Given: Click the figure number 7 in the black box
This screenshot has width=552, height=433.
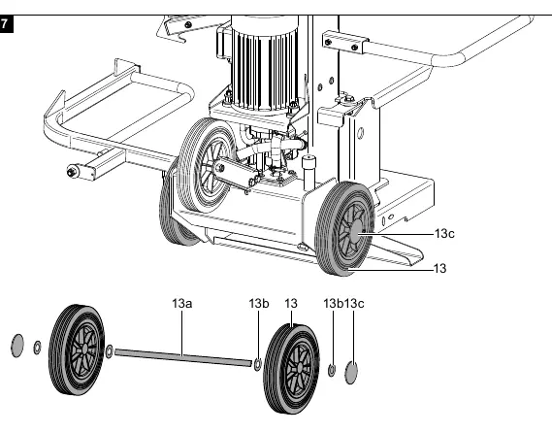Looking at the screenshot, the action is [x=4, y=24].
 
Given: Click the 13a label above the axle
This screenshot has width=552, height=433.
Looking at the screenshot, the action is [x=182, y=303].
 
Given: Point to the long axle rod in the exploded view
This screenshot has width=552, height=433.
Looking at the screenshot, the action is [x=183, y=357].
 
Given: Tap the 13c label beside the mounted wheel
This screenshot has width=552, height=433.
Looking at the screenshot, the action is [x=444, y=234].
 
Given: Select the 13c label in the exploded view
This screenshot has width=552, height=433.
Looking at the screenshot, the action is [x=354, y=303].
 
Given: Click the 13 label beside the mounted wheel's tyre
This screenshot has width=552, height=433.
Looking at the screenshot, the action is [x=440, y=269].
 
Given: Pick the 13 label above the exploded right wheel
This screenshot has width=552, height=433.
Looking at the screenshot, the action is [x=291, y=303].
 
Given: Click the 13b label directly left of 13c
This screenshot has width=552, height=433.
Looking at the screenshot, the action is [x=333, y=303].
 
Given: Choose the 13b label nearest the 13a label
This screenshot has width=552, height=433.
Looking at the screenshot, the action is [x=259, y=303].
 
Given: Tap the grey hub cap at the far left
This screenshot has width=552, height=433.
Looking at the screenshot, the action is [x=17, y=346].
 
